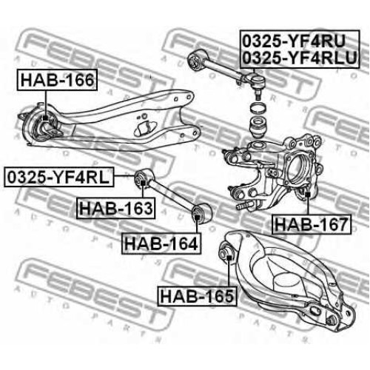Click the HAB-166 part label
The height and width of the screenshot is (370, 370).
click(x=57, y=80)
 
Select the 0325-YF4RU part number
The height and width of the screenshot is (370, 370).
click(x=294, y=41)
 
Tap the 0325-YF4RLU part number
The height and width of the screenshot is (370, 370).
click(x=300, y=58)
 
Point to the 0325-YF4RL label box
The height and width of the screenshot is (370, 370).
click(x=59, y=177)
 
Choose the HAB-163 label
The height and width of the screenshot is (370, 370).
click(x=115, y=208)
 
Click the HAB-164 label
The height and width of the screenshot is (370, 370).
click(x=161, y=243)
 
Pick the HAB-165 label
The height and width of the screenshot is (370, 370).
click(x=197, y=296)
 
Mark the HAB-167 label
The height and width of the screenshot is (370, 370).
click(x=312, y=224)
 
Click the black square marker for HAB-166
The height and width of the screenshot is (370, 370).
click(x=45, y=118)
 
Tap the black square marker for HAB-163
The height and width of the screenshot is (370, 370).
click(x=143, y=183)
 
